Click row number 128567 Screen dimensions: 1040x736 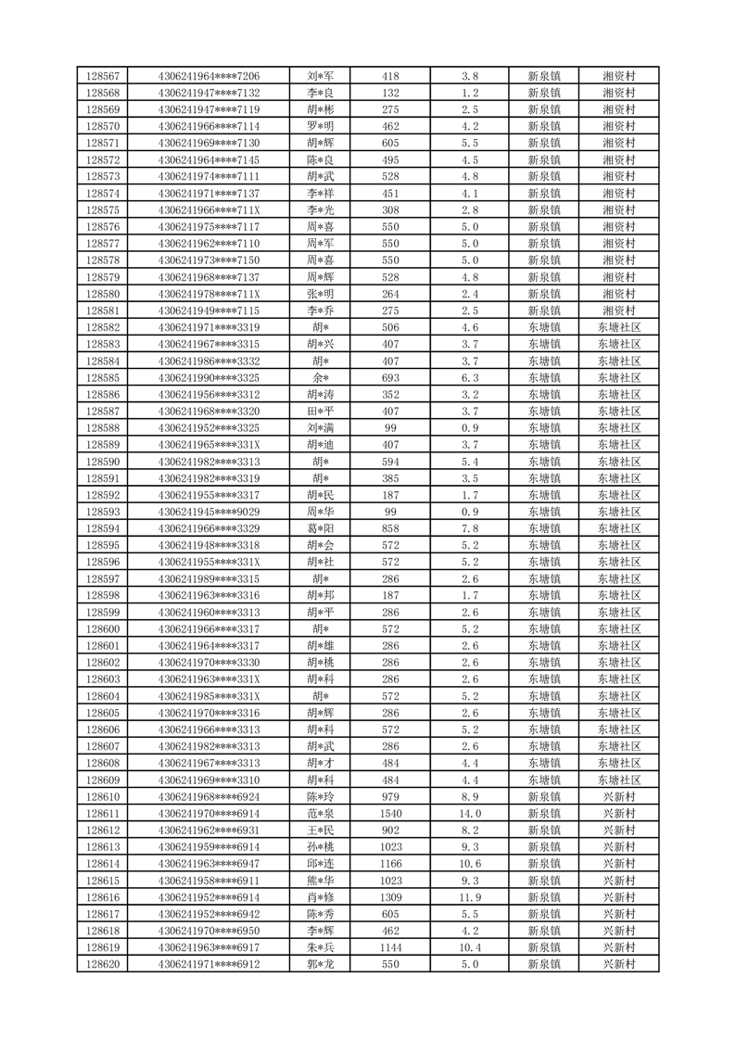(x=102, y=76)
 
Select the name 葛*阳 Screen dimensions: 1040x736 (x=321, y=528)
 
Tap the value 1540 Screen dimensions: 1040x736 (x=390, y=813)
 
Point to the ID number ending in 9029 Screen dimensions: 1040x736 (x=209, y=512)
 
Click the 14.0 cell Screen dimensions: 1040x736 (x=470, y=813)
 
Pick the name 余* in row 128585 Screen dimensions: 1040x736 (x=321, y=378)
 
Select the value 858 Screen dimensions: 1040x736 (x=390, y=528)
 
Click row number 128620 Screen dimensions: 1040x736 (x=102, y=964)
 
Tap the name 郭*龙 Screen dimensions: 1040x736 (x=321, y=964)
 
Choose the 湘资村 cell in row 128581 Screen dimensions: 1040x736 (x=618, y=311)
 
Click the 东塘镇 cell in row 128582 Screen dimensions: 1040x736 (x=544, y=327)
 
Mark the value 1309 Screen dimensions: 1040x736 (x=390, y=897)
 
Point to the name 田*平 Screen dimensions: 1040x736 (x=321, y=412)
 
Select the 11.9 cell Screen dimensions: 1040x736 (x=470, y=897)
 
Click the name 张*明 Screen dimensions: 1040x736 (x=321, y=294)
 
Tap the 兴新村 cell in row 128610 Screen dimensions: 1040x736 (x=618, y=796)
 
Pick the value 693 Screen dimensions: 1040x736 (x=390, y=378)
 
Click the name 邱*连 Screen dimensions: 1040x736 (x=321, y=864)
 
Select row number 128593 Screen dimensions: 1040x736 (x=102, y=512)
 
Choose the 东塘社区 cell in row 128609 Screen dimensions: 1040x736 (x=618, y=780)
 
